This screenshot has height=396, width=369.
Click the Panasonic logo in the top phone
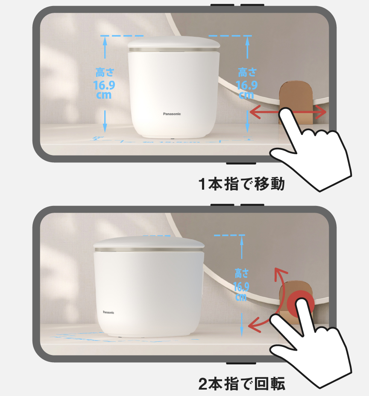(x=172, y=114)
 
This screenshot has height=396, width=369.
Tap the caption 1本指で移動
(x=241, y=184)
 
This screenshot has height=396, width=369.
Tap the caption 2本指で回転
(x=241, y=384)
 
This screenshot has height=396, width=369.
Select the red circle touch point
(x=300, y=304)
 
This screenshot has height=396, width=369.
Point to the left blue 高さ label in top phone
(x=104, y=71)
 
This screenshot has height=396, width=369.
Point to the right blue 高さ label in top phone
(x=247, y=71)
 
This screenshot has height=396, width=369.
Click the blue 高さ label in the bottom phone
(x=242, y=273)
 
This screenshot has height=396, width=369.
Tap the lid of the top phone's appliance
(x=174, y=43)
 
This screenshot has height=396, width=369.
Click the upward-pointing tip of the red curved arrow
(x=277, y=270)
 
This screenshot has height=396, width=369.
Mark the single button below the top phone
(x=241, y=163)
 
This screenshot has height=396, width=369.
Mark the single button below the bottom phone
(x=241, y=364)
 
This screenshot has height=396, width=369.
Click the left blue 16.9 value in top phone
(x=104, y=85)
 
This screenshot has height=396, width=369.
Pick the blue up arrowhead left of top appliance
(x=104, y=40)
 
